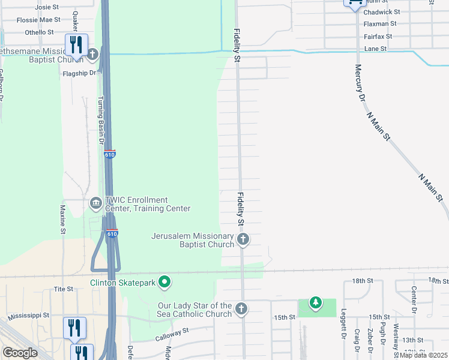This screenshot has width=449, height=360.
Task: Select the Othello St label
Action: tap(40, 32)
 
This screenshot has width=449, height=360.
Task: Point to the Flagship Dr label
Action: tap(79, 73)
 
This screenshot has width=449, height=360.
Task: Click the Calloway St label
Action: tap(173, 331)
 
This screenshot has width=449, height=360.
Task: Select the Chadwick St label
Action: tap(382, 11)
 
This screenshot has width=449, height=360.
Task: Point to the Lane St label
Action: tap(375, 49)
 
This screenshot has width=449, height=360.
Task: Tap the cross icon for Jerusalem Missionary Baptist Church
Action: tap(243, 240)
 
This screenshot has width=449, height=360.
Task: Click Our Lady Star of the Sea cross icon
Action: tap(241, 309)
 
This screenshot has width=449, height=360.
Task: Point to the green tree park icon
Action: tap(315, 302)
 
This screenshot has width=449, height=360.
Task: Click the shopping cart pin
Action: tap(354, 3)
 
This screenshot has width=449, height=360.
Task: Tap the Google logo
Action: tap(20, 353)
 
